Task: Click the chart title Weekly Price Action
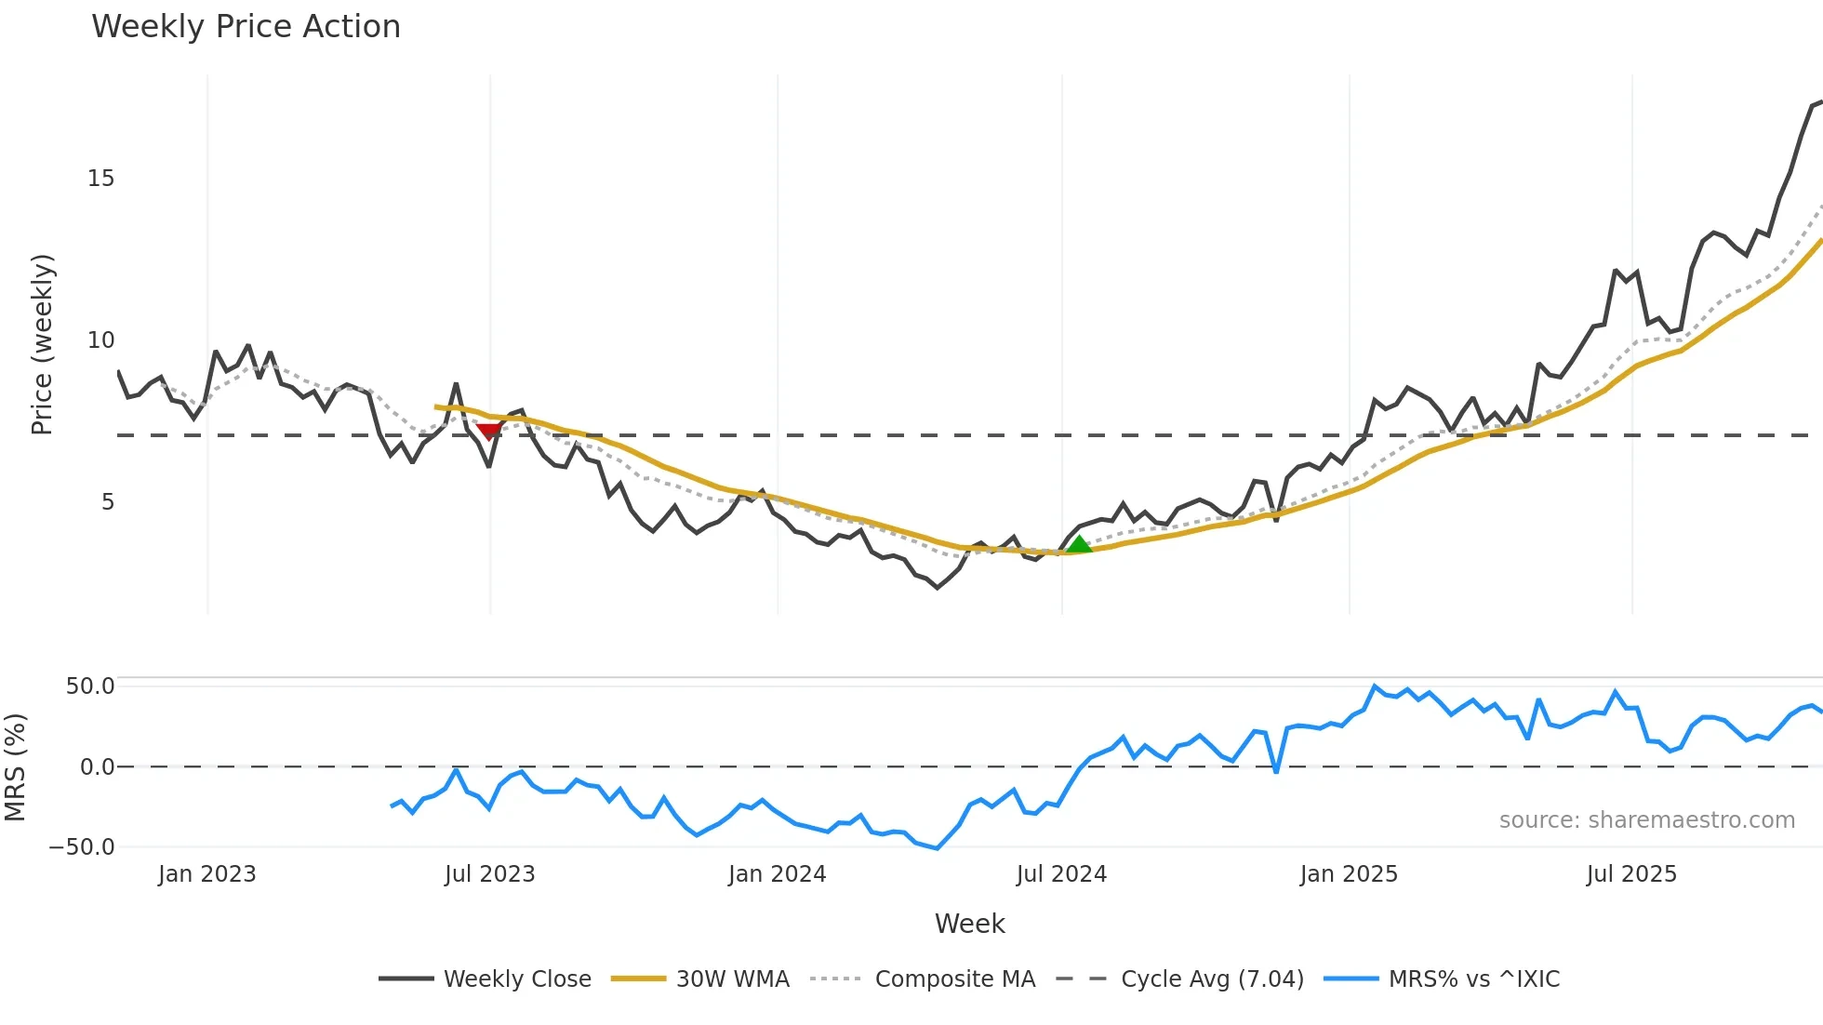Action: coord(246,27)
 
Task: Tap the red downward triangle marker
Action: coord(488,431)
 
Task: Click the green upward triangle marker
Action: coord(1078,544)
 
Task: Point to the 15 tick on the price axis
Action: coord(101,179)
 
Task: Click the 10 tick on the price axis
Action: coord(101,340)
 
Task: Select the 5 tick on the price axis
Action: coord(108,502)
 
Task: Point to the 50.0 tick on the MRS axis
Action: coord(90,686)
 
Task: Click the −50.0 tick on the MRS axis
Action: coord(82,847)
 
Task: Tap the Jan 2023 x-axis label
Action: coord(206,874)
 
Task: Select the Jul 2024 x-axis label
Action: coord(1061,874)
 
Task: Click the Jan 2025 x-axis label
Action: coord(1349,874)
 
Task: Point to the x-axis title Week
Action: coord(969,924)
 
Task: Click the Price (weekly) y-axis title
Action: coord(42,344)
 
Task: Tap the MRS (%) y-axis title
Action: coord(15,767)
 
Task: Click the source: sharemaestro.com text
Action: coord(1646,820)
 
